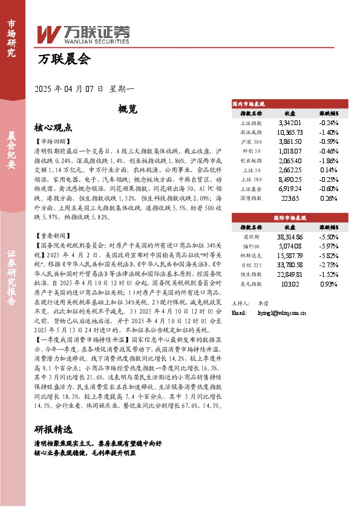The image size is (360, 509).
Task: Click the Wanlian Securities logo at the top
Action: tap(84, 33)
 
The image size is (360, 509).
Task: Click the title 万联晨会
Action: tap(64, 59)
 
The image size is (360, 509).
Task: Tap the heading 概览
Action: tap(128, 109)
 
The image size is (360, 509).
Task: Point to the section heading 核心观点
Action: tap(53, 128)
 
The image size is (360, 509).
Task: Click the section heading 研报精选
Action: tap(53, 430)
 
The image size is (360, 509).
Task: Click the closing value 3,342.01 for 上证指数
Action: tap(289, 122)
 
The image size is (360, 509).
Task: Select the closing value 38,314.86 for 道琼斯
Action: tap(289, 238)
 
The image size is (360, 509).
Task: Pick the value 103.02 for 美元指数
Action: tap(289, 284)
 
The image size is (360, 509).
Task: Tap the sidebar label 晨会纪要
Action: tap(11, 151)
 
